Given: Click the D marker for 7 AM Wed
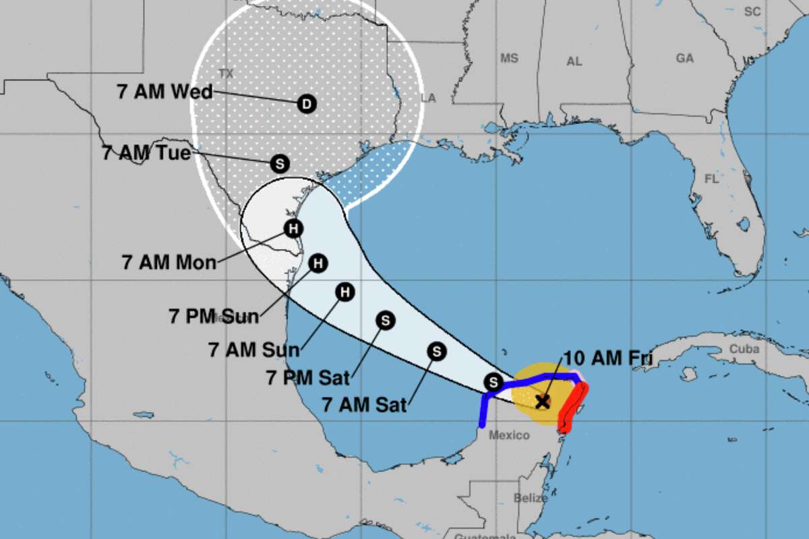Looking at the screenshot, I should (306, 104).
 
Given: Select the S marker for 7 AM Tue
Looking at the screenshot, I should (279, 163).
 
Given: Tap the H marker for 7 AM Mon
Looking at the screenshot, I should (292, 228).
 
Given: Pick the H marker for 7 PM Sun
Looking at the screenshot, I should (318, 263).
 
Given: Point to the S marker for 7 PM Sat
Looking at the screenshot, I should (385, 321).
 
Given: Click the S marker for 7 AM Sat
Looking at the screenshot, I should (436, 351).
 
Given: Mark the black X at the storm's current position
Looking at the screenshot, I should (542, 402).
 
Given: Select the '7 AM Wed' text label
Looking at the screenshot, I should (164, 92).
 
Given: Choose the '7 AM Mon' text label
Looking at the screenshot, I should (169, 261).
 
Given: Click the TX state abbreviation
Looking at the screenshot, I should (226, 73).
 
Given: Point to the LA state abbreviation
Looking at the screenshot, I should (428, 98).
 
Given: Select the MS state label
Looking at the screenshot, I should (509, 59).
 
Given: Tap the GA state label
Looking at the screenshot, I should (684, 59).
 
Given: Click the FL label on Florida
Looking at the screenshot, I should (711, 180).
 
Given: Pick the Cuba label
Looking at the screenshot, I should (744, 349).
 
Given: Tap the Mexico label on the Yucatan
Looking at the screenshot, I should (509, 435).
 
